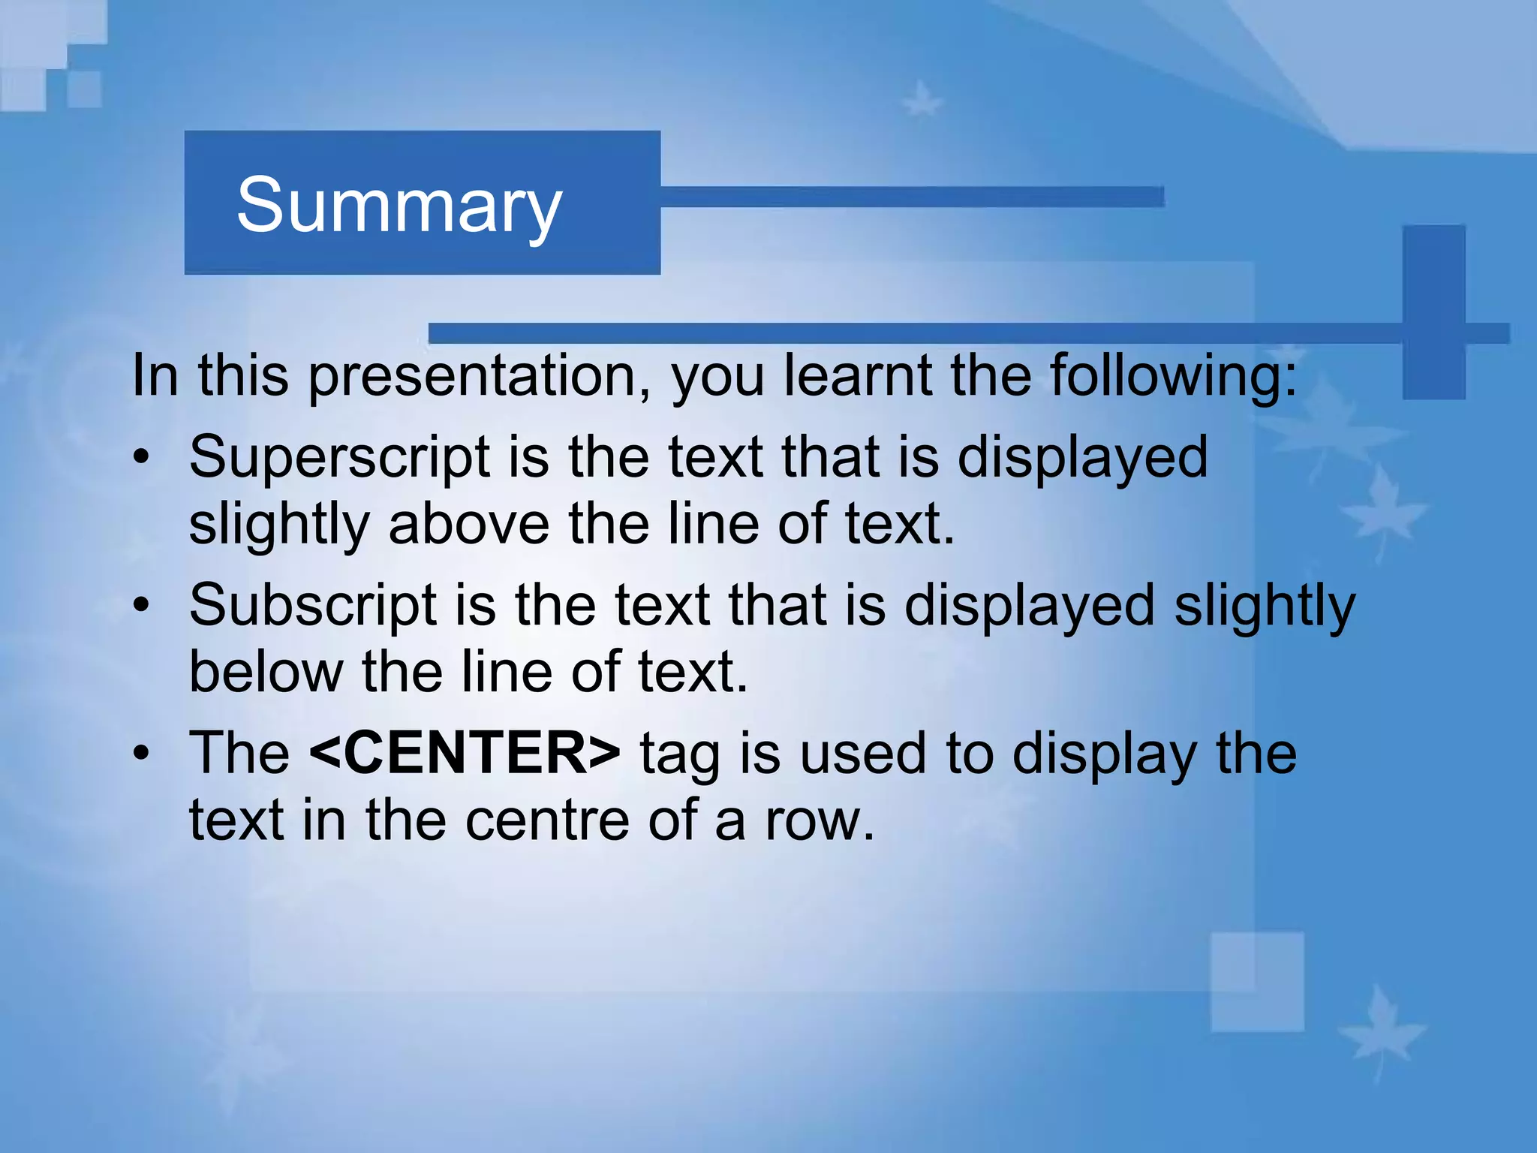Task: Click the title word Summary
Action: point(399,206)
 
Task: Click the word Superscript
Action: point(339,457)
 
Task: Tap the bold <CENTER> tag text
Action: point(465,753)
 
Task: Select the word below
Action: point(266,672)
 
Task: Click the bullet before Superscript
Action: point(141,457)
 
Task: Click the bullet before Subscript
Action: point(141,605)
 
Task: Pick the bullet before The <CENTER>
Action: point(141,753)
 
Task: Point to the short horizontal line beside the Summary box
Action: point(912,197)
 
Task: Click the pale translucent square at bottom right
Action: point(1257,982)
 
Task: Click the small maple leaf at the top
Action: point(921,99)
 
